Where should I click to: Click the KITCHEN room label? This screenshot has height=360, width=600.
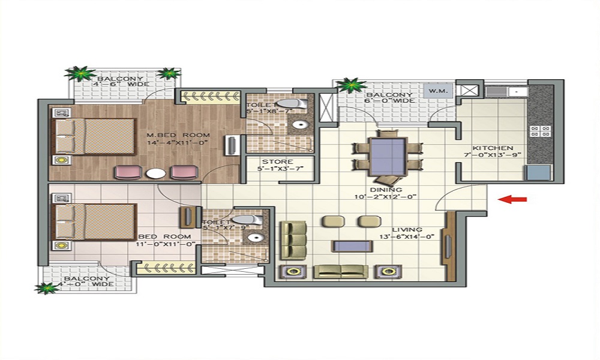[493, 148]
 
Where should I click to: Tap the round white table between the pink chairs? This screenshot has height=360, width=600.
[155, 173]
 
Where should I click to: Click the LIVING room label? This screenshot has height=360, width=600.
[407, 230]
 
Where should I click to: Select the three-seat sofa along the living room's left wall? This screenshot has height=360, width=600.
[293, 240]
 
